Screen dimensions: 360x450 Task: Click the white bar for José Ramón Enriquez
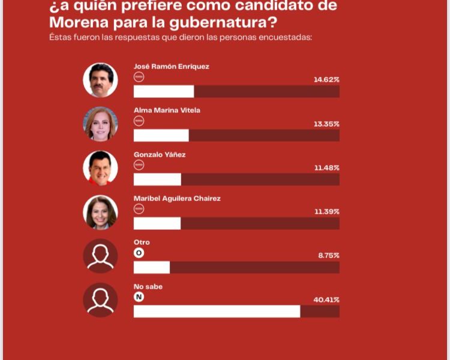(164, 91)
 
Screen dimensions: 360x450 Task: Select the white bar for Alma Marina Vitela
(161, 135)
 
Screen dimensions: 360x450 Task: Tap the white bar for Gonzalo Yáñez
(157, 179)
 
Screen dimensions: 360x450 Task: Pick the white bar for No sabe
(217, 311)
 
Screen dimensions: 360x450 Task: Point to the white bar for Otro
(152, 268)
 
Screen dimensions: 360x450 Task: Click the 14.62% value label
(326, 79)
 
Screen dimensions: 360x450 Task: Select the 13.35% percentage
(326, 124)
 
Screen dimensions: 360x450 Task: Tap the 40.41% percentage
(326, 299)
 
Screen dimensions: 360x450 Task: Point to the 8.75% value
(328, 255)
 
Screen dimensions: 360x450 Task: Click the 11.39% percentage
(326, 211)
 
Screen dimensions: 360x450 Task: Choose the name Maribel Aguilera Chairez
(177, 199)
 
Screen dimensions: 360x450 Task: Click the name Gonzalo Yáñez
(160, 154)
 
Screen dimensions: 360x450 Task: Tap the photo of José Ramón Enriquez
(100, 80)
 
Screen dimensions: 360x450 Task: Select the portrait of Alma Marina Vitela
(100, 124)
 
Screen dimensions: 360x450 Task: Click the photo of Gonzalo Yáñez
(100, 168)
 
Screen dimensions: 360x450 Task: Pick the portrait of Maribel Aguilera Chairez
(100, 212)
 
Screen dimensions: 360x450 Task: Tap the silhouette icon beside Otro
(100, 256)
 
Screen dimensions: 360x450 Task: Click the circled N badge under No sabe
(139, 296)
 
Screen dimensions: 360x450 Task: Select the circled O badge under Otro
(139, 253)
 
